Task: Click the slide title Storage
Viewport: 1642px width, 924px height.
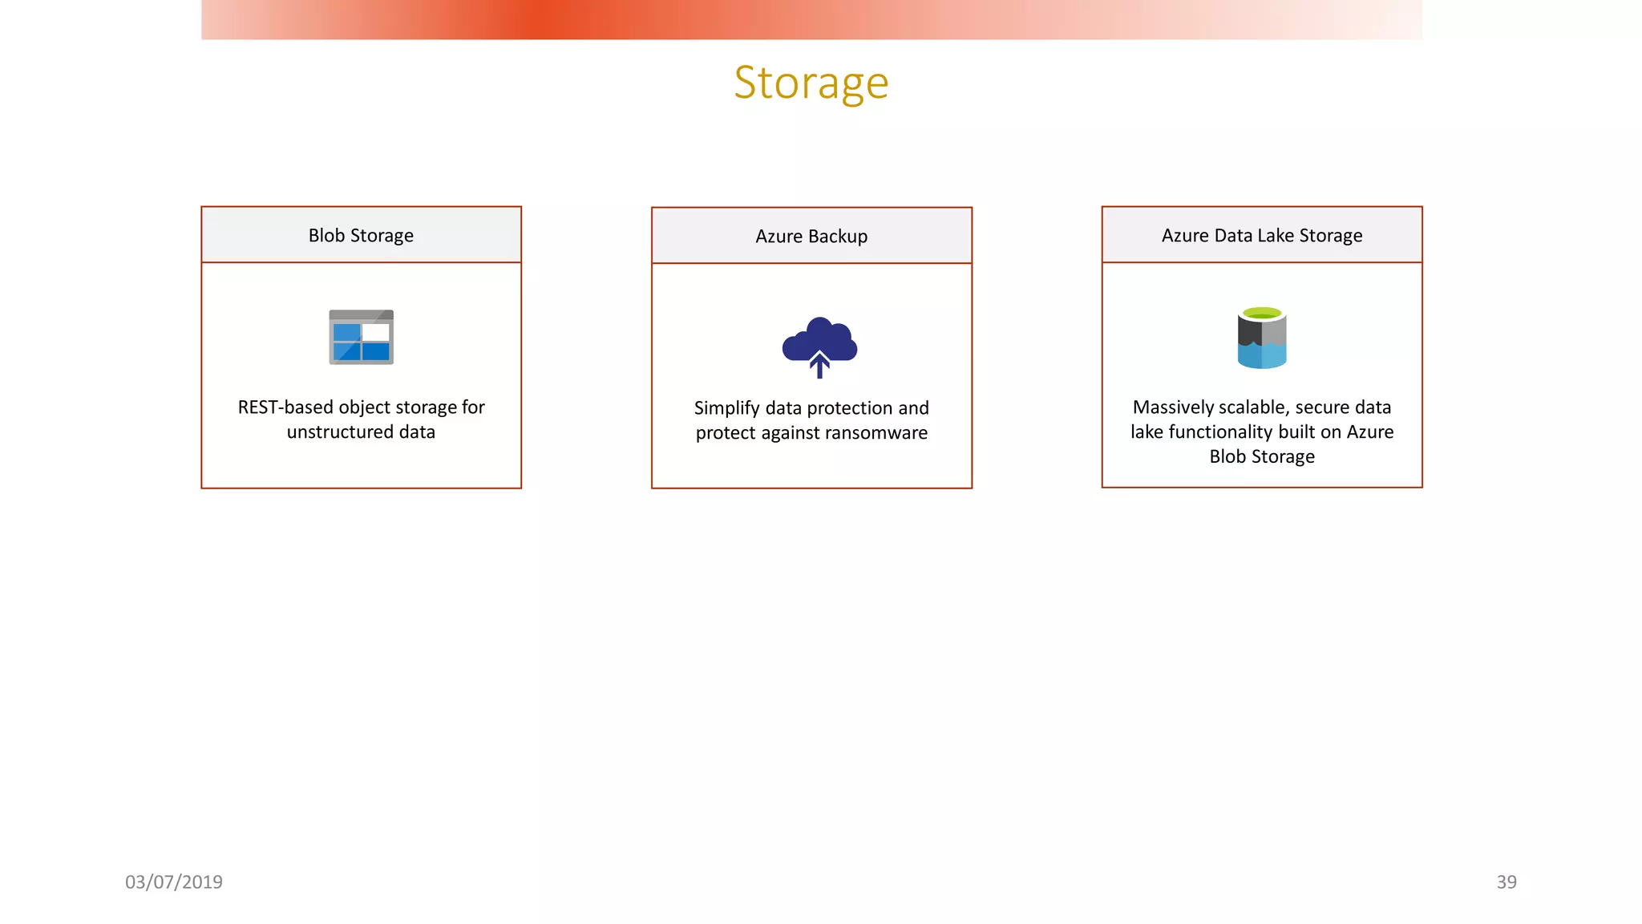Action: pos(811,83)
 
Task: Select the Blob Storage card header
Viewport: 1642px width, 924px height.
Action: pos(361,235)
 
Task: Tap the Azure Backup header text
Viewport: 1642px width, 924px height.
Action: pos(811,237)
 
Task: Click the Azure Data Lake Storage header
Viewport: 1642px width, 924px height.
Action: pos(1261,235)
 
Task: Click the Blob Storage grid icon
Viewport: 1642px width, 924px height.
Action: pos(361,338)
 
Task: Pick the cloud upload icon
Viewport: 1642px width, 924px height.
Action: pos(819,345)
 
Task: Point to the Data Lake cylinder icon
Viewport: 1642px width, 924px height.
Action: pos(1261,339)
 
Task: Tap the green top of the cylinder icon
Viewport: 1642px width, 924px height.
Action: pos(1261,313)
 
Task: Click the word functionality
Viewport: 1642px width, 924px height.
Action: pos(1220,432)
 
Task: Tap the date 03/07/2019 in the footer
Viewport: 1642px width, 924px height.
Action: pos(174,882)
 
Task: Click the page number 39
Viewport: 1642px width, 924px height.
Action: pos(1506,882)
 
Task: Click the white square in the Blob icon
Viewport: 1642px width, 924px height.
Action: pos(375,332)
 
